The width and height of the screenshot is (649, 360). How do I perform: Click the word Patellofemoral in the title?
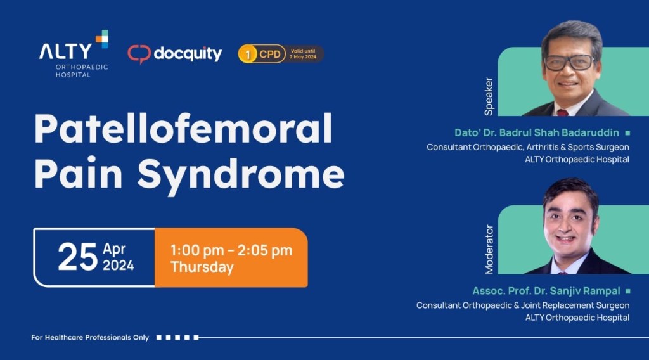(183, 130)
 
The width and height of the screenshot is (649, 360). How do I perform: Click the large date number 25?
(77, 257)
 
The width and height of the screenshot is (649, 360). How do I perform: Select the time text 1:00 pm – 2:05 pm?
(231, 250)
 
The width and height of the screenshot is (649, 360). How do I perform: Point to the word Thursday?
(202, 267)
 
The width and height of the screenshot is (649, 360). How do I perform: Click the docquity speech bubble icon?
(139, 54)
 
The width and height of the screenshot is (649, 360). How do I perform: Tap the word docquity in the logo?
(188, 54)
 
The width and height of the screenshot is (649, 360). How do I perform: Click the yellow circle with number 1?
(247, 54)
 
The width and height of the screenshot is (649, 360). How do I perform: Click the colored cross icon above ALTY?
(101, 39)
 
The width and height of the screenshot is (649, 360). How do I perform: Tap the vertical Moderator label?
(489, 249)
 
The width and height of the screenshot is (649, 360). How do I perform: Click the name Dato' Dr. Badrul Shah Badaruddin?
(537, 133)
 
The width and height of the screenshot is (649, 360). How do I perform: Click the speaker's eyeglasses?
(569, 62)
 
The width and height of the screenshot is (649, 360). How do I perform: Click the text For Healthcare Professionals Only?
(90, 337)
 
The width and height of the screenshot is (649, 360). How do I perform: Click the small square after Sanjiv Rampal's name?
(627, 291)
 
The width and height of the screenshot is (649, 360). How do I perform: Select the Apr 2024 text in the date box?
(119, 257)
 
